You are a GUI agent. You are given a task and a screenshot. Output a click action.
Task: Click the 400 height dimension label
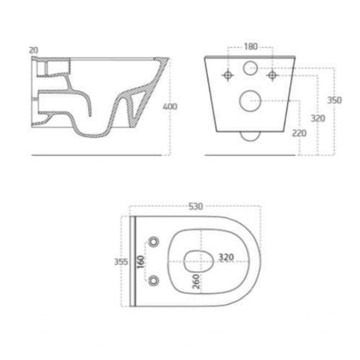click(x=170, y=107)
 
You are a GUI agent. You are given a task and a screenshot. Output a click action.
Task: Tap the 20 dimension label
click(x=34, y=50)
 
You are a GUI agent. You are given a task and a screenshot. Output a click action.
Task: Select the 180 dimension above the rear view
click(x=250, y=47)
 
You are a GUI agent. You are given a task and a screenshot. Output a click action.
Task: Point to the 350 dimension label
click(x=334, y=101)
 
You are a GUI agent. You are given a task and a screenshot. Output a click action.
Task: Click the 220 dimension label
click(x=299, y=133)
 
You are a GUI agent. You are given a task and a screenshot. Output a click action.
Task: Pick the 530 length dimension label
click(x=195, y=206)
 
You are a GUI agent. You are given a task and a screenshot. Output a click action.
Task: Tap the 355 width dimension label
click(x=121, y=262)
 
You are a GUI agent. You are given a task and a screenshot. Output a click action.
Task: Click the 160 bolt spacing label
click(x=141, y=262)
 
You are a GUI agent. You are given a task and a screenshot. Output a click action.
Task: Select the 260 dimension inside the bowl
click(x=196, y=281)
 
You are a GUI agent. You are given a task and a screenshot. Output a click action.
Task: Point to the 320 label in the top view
click(x=226, y=257)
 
